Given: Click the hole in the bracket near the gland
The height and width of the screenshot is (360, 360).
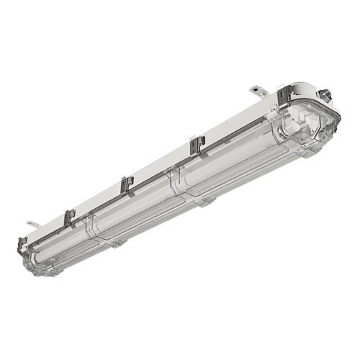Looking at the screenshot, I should [257, 91].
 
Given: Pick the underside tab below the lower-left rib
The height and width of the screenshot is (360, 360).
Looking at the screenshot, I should [115, 245].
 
